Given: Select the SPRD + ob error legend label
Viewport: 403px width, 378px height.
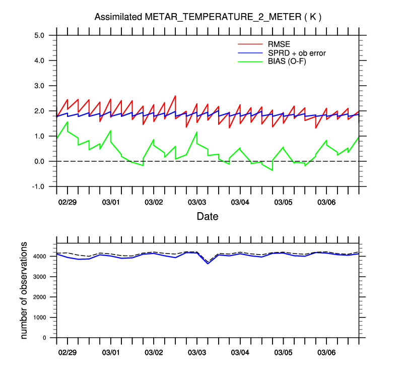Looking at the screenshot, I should (300, 52).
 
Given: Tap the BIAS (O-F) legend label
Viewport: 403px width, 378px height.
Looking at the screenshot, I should (291, 61).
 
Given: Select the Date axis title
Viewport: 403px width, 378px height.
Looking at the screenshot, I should (208, 217).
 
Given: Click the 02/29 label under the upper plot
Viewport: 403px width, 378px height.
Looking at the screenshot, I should (68, 202).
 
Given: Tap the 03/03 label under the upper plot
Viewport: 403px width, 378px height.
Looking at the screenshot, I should (197, 202).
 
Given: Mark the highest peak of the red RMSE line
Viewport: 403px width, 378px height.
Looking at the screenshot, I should (175, 96).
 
